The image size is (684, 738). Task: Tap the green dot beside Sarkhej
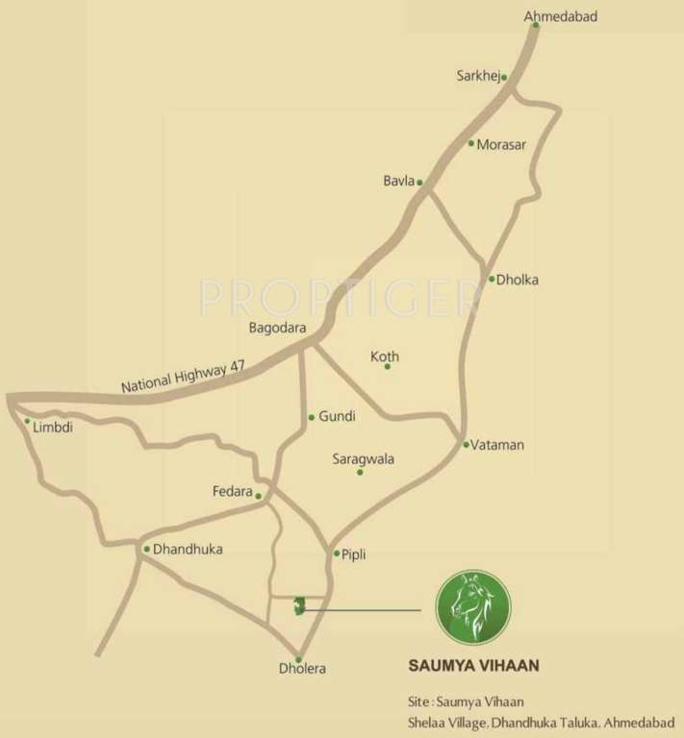coord(503,77)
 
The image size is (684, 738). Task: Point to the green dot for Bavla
coord(419,181)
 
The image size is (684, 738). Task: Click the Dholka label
coord(519,280)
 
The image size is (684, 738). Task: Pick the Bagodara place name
coord(277,328)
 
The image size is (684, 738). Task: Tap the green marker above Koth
coord(388,366)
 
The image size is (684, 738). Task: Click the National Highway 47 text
coord(183,372)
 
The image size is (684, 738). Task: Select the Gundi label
coord(337,416)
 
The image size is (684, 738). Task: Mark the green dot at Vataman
coord(466,444)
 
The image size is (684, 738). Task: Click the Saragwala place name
coord(363,458)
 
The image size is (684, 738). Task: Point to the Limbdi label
coord(53,427)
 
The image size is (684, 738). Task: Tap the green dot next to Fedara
coord(259,496)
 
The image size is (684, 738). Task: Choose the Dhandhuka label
coord(188,550)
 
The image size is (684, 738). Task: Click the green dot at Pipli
coord(336,553)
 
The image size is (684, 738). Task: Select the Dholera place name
coord(302,669)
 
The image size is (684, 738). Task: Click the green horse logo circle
coord(472,608)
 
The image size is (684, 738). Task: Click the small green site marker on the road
coord(300,605)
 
